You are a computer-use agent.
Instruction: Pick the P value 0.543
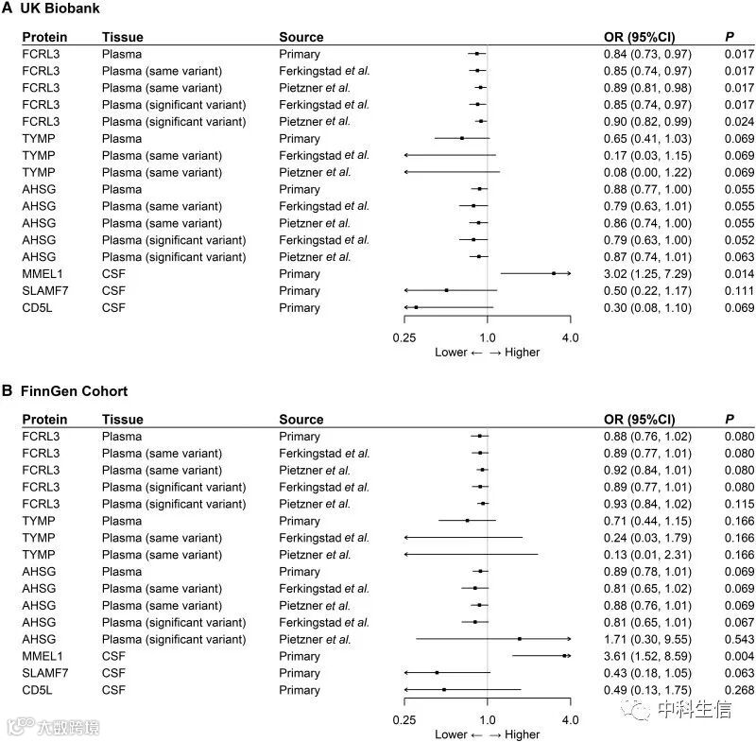(739, 639)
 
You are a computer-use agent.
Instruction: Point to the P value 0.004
(739, 656)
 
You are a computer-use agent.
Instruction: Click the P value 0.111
(739, 291)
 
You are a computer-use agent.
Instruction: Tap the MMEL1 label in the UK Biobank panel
(41, 274)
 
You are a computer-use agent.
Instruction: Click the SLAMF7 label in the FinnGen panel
(43, 673)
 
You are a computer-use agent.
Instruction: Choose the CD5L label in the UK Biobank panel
(38, 308)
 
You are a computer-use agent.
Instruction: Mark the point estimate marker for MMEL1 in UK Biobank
(554, 274)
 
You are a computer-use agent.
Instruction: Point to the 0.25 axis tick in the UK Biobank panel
(404, 336)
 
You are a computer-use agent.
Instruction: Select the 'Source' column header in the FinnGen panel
(301, 419)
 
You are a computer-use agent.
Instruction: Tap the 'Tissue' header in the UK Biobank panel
(123, 37)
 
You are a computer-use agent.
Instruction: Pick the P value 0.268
(739, 690)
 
